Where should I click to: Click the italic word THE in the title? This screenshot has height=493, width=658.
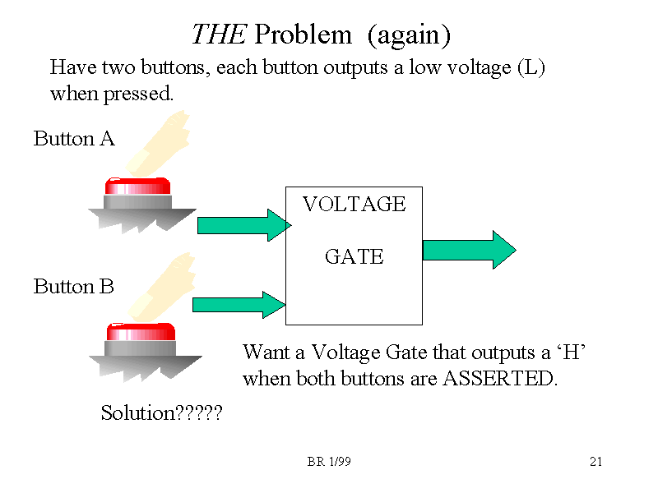pos(219,35)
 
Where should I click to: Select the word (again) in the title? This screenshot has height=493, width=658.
pos(409,35)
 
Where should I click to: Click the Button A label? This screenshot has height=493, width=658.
pos(74,139)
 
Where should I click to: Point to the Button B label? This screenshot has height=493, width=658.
pos(74,287)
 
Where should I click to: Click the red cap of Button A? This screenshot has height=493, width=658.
pos(137,186)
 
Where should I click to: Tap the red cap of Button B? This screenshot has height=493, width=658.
pos(141,332)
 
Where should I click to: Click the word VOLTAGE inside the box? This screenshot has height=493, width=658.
pos(354,205)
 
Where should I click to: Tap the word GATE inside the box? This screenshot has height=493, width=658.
pos(354,257)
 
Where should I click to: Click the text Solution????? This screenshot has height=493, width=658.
pos(161,413)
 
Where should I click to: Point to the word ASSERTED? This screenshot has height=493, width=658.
pos(499,380)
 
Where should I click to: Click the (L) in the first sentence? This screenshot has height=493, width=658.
pos(531,67)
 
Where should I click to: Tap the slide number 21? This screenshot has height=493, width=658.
pos(596,462)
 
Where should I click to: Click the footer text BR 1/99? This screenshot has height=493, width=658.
pos(329,462)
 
